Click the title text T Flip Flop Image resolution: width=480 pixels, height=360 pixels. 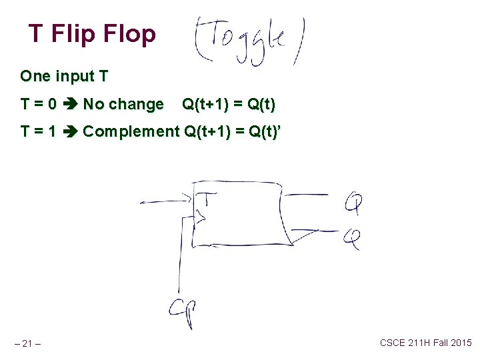(x=92, y=33)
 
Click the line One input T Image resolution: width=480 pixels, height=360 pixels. (x=64, y=76)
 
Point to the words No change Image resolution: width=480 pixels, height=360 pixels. (x=123, y=105)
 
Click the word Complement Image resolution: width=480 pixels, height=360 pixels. (x=131, y=131)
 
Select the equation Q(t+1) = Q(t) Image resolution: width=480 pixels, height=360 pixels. (x=229, y=105)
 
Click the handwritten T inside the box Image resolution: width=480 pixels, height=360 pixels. (x=209, y=198)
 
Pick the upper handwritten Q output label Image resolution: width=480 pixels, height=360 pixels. (x=353, y=201)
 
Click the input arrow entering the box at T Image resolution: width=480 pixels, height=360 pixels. (x=167, y=200)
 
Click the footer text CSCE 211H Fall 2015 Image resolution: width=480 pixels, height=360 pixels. (x=425, y=343)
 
